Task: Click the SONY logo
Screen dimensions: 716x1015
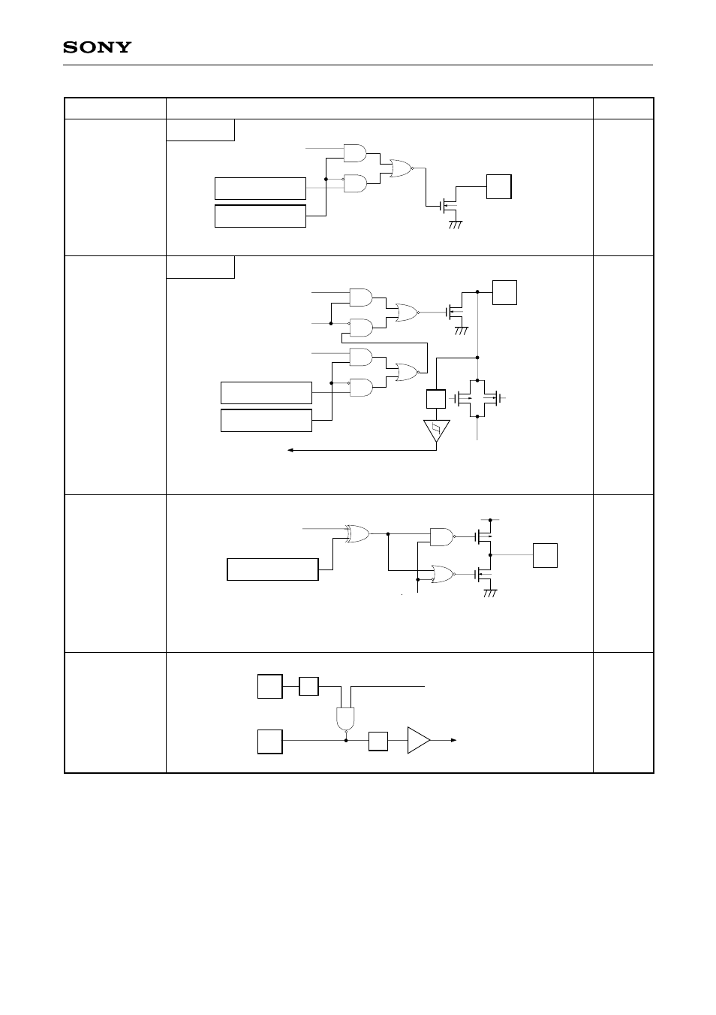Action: [x=96, y=47]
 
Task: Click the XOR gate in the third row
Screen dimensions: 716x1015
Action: [x=357, y=534]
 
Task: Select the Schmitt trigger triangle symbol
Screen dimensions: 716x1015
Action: [x=436, y=431]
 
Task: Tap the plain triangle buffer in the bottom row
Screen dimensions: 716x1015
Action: [x=418, y=740]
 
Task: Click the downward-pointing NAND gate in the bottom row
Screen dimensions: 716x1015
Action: [x=345, y=717]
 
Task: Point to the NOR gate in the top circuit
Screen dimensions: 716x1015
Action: [x=398, y=168]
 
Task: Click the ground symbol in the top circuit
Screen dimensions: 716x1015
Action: [x=453, y=224]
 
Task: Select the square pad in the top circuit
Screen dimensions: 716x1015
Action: [x=499, y=186]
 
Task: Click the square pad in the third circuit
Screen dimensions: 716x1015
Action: [x=545, y=555]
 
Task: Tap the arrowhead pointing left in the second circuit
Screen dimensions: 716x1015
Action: [x=292, y=450]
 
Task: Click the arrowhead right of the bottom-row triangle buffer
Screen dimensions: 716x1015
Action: [x=453, y=740]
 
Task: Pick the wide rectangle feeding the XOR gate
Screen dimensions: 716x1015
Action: [x=272, y=569]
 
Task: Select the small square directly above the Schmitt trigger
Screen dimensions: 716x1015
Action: [x=435, y=399]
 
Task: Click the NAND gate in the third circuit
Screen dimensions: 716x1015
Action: [x=442, y=536]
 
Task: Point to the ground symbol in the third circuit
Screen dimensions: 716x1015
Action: [x=490, y=594]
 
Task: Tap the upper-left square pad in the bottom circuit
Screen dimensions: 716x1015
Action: [x=269, y=686]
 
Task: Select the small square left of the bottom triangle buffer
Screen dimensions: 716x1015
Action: [x=378, y=741]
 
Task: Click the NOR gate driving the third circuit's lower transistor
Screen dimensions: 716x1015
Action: [x=442, y=575]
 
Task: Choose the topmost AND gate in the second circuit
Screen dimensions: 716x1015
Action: [x=361, y=297]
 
